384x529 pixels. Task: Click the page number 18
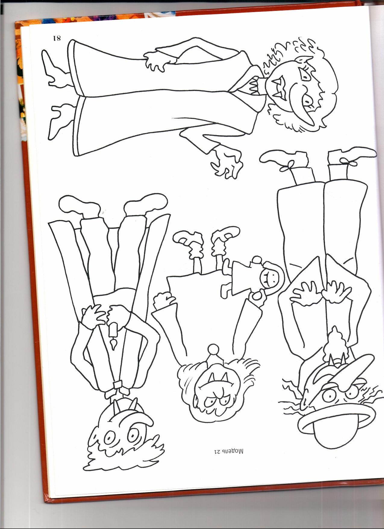click(57, 38)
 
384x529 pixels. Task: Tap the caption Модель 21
click(229, 452)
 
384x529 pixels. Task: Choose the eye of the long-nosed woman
click(307, 103)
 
